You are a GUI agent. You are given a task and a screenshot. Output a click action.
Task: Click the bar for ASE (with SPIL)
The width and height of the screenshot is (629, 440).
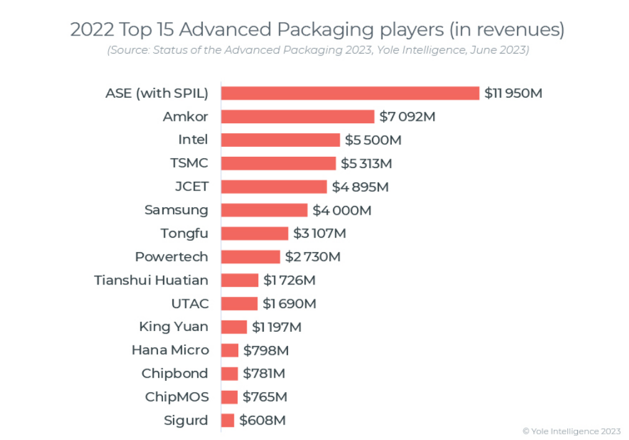point(350,93)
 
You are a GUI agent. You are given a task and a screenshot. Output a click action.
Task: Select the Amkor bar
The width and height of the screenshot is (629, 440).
point(298,116)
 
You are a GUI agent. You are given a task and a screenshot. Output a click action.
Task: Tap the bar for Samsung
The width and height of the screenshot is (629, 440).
point(264,210)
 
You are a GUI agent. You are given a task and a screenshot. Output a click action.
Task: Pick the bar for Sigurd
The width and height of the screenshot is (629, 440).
point(228,420)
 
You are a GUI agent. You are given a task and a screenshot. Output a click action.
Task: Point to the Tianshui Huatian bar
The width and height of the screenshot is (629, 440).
point(240,280)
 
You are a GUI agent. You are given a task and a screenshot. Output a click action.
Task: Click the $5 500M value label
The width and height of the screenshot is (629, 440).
point(373,140)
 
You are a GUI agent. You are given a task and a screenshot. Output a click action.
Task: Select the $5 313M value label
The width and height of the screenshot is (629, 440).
point(366,163)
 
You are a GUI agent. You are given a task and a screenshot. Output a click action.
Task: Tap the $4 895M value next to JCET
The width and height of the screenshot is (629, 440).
point(360,187)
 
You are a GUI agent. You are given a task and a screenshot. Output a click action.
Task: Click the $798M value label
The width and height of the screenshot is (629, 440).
point(266,350)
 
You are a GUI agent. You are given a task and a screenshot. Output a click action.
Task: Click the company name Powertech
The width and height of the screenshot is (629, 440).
point(172,256)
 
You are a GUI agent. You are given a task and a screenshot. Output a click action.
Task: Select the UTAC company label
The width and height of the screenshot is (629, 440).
point(190,304)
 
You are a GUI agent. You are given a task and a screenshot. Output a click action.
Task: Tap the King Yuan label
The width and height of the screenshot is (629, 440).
point(174,327)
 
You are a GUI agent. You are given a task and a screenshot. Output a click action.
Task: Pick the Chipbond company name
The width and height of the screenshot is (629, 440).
point(175,373)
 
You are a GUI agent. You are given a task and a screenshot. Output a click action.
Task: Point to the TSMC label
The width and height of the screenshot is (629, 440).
point(189,163)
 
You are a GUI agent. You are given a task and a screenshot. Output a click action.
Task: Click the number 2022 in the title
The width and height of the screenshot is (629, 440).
point(90,29)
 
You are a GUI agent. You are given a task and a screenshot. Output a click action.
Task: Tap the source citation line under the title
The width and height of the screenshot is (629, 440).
point(317,50)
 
